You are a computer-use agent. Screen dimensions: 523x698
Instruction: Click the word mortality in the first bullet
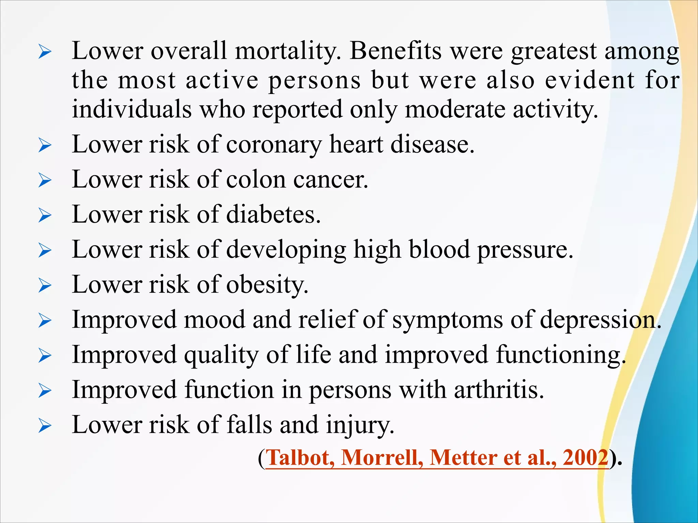coord(288,51)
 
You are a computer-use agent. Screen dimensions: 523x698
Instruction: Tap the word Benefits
coord(395,51)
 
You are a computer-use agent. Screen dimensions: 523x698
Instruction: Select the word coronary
coord(274,145)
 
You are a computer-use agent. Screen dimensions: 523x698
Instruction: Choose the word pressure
coord(525,250)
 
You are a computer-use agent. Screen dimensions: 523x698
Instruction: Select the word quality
coord(221,355)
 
